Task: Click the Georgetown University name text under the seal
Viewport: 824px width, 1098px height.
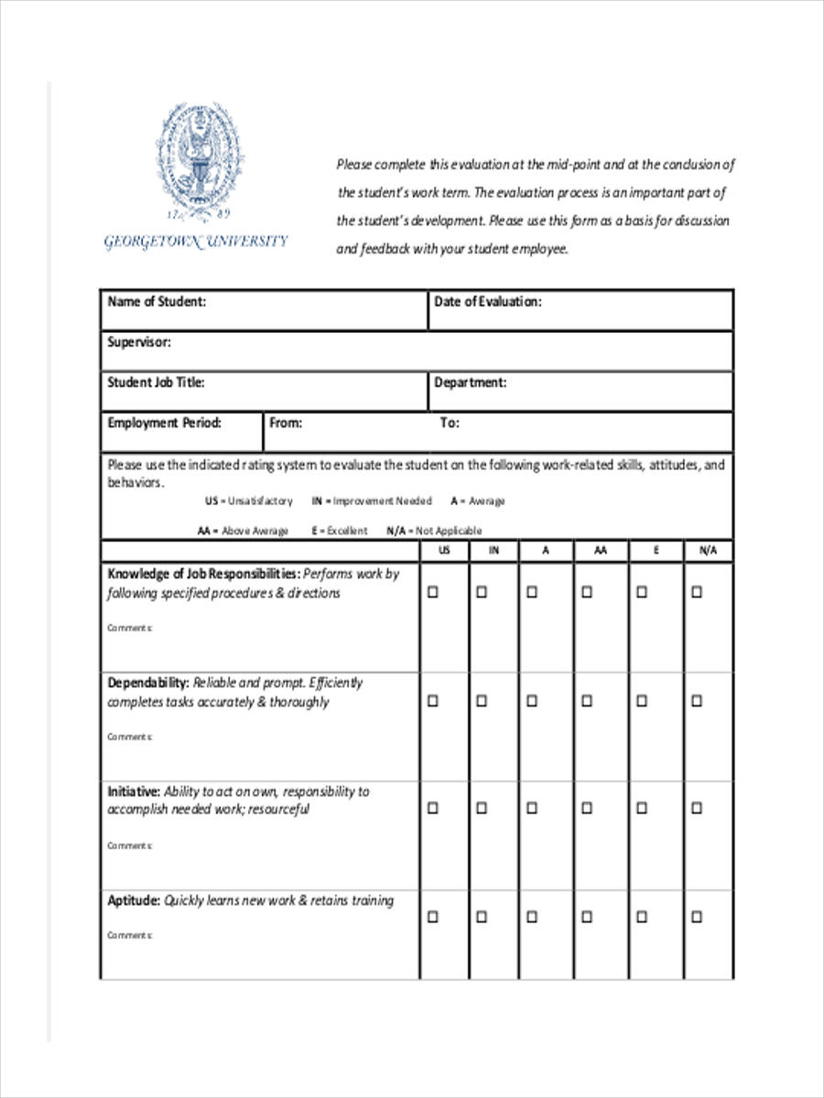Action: [x=196, y=242]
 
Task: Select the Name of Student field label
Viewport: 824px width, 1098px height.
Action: [x=157, y=302]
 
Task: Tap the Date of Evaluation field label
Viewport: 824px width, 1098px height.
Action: [x=487, y=302]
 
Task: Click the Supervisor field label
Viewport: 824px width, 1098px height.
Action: [x=139, y=342]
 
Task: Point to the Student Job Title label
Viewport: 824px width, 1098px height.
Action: [x=156, y=382]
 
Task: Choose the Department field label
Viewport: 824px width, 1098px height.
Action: [x=470, y=382]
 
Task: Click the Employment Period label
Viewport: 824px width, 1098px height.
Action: [x=164, y=423]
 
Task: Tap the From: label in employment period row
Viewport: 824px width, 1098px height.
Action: [x=286, y=423]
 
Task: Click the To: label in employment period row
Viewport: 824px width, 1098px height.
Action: [x=450, y=423]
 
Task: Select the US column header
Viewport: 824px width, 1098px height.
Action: [x=444, y=551]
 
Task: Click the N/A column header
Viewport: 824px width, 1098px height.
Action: [x=708, y=551]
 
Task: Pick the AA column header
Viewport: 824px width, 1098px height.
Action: [x=600, y=551]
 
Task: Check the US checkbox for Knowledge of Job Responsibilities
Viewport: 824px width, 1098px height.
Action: [x=433, y=592]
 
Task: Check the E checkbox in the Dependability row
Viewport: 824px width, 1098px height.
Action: [x=642, y=701]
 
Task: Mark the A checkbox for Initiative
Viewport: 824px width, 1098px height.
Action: [x=531, y=809]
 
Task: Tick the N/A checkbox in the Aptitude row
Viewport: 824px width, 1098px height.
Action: [x=697, y=917]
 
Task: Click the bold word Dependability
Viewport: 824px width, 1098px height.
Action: [x=148, y=683]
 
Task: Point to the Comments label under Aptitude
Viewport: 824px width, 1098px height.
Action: [x=129, y=935]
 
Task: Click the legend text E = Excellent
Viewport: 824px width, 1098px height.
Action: [x=339, y=531]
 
